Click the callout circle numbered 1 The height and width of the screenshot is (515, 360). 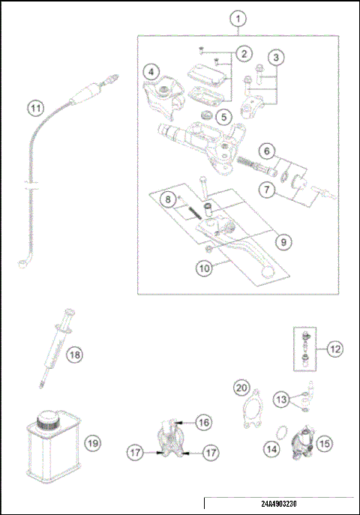pos(238,17)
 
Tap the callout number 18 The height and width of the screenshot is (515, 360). pos(73,355)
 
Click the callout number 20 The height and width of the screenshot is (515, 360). pos(240,388)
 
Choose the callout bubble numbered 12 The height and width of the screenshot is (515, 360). pos(335,348)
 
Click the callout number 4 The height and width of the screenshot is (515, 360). pos(152,72)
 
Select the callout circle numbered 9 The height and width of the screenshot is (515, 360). pos(283,242)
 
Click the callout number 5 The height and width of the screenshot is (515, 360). pos(222,116)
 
